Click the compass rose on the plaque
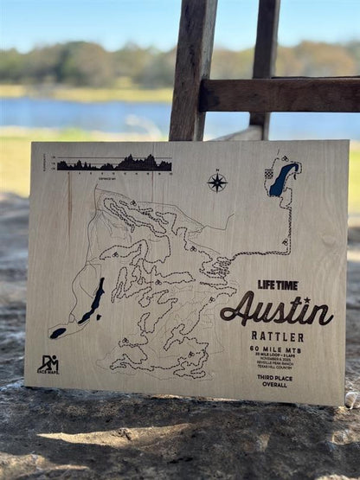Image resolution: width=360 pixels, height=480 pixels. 216,182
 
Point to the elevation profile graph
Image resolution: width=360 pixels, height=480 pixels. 113,163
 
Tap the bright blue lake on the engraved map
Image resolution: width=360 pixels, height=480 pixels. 282,180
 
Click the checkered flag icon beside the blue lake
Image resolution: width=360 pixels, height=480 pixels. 269,175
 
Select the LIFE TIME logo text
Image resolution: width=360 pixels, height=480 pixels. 278,285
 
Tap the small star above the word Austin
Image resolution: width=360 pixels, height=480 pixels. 307,299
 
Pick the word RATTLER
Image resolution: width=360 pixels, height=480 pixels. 276,336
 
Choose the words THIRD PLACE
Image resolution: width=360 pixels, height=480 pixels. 275,379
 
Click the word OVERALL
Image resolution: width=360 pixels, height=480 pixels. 275,385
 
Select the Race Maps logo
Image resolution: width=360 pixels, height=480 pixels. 48,364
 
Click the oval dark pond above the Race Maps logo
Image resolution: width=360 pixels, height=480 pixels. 58,332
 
